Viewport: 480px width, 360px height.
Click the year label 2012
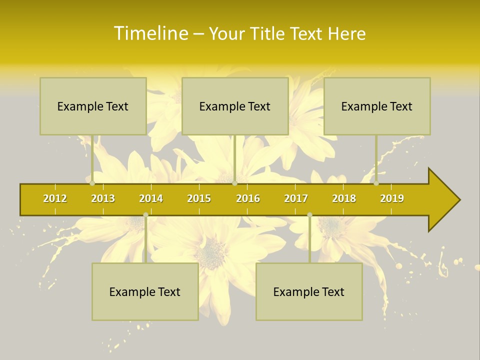(x=55, y=199)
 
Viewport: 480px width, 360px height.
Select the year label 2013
(x=103, y=199)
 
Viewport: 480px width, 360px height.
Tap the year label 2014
(x=151, y=199)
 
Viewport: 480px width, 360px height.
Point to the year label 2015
(x=199, y=199)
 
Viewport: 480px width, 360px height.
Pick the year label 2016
(x=248, y=199)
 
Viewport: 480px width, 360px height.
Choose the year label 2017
(x=296, y=199)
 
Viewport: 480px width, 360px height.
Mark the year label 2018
(x=344, y=199)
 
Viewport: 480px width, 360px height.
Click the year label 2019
(x=392, y=199)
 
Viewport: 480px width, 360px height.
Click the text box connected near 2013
(x=93, y=106)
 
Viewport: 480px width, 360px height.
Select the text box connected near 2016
(x=235, y=106)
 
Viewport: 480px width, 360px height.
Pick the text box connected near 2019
(x=377, y=106)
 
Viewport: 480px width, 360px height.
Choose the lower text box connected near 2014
(x=145, y=291)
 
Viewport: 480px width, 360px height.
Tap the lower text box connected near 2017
(x=309, y=291)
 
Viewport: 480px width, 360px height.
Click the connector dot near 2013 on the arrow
(x=92, y=183)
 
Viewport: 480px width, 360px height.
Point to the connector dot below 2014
(x=145, y=215)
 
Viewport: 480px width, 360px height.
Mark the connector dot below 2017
(x=309, y=215)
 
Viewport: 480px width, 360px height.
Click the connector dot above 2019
(x=376, y=183)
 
